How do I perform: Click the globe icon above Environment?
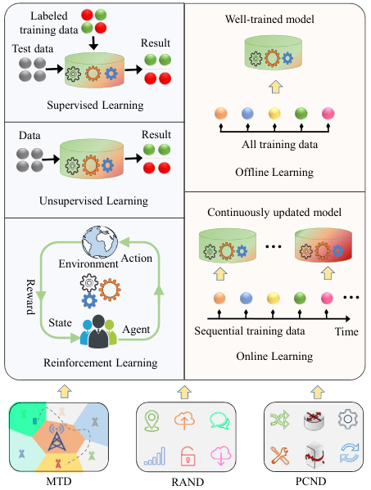100,243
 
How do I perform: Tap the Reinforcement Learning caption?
101,363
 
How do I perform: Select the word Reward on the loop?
30,297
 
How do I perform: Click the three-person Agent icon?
98,331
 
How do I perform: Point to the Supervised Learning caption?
95,105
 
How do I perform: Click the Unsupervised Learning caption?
93,200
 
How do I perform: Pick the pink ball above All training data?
328,113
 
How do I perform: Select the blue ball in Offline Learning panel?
247,113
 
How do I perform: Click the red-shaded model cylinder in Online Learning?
323,245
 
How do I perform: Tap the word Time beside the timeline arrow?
346,331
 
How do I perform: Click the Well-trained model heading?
269,20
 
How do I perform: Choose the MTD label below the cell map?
59,481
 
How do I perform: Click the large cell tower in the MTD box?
57,437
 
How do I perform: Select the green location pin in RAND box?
152,421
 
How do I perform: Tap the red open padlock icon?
188,456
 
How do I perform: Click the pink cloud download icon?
221,456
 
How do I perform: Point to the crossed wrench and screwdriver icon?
280,455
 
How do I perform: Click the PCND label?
310,481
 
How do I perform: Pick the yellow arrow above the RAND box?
184,392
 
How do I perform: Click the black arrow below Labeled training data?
93,43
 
